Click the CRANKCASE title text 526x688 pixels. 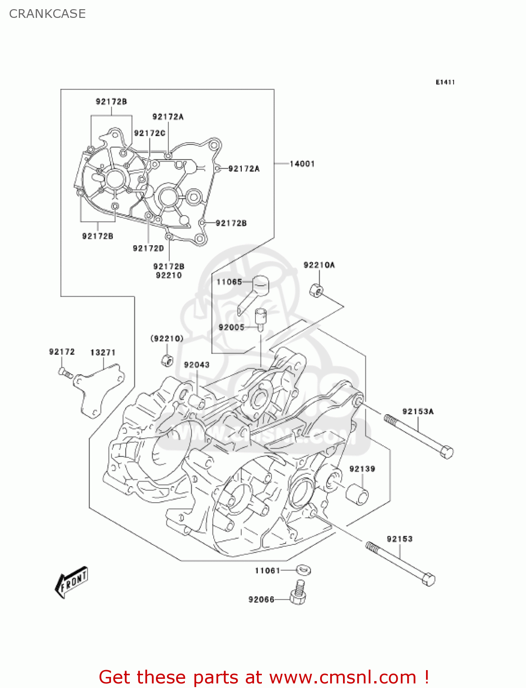[x=47, y=14]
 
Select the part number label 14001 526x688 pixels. [x=302, y=164]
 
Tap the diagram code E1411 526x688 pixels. [x=445, y=82]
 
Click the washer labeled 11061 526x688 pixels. [x=303, y=570]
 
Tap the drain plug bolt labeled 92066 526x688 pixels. [x=298, y=593]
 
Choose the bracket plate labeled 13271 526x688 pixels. [x=99, y=389]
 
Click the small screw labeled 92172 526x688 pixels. [x=65, y=372]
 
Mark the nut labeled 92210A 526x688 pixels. [x=316, y=290]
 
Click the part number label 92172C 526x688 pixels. [x=149, y=133]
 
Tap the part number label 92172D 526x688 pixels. [x=148, y=248]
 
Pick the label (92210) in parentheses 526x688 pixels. [x=167, y=338]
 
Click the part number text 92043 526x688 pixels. [x=197, y=365]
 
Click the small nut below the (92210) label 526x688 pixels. [x=167, y=360]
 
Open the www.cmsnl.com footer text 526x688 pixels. [x=342, y=677]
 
